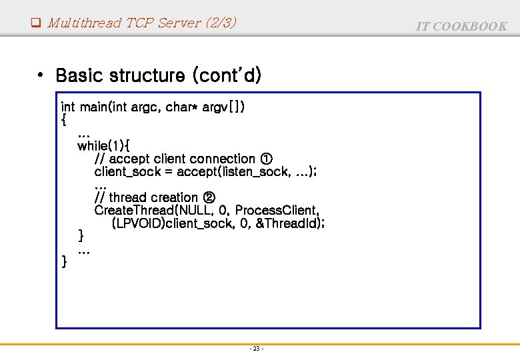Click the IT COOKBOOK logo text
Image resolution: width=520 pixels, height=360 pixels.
[x=461, y=26]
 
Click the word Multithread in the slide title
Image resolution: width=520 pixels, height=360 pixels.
[x=85, y=23]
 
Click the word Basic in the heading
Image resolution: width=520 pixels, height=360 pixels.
[x=83, y=75]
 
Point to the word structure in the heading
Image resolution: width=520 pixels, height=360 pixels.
[x=151, y=75]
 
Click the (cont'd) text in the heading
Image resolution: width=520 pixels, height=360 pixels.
[x=227, y=75]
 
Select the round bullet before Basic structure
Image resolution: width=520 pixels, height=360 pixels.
[x=41, y=75]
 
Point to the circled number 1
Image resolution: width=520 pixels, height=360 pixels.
[x=266, y=159]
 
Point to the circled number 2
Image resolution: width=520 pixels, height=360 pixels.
[x=208, y=197]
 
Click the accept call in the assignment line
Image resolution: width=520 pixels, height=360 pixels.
[x=195, y=172]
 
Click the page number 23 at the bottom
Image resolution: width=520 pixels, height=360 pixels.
[x=257, y=349]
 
